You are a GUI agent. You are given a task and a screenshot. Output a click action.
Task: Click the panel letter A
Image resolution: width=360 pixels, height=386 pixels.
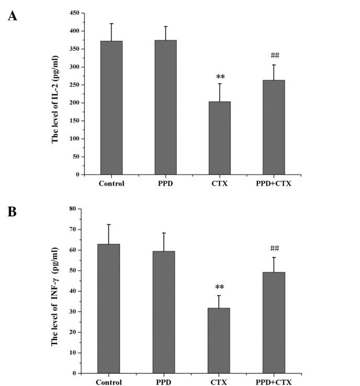12,16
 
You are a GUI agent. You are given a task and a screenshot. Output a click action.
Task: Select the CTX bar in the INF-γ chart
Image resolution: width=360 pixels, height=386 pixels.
219,340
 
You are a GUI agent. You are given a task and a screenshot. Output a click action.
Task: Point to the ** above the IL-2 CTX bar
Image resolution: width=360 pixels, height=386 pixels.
220,76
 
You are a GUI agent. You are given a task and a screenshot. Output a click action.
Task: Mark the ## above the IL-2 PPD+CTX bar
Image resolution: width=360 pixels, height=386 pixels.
274,56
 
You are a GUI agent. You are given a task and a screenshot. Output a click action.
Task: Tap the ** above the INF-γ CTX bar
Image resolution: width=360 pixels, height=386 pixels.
219,287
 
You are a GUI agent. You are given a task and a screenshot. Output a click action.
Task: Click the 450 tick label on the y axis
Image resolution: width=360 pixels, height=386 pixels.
74,13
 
